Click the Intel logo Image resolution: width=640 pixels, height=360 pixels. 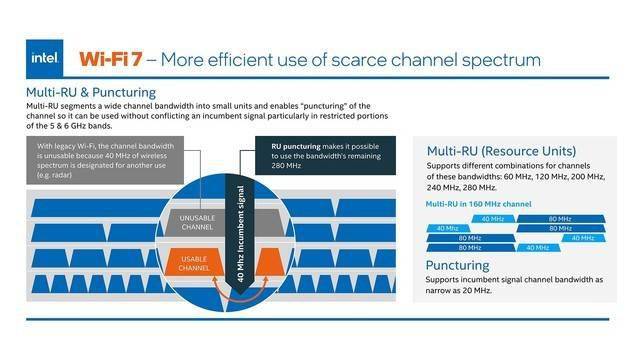(x=44, y=58)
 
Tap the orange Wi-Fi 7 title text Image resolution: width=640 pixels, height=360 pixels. (x=111, y=59)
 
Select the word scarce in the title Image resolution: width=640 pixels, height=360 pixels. (x=359, y=60)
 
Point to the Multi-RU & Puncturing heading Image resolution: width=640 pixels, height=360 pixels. (x=91, y=93)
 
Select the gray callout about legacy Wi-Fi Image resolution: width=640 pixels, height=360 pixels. (x=105, y=160)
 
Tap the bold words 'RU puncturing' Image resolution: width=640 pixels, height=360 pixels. (x=296, y=146)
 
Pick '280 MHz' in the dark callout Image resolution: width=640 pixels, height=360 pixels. (x=286, y=166)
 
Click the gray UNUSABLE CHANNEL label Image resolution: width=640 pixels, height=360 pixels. (x=198, y=222)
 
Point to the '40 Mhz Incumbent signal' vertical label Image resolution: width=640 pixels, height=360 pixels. (x=240, y=234)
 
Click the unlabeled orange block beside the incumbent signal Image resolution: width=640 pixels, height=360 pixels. (x=270, y=261)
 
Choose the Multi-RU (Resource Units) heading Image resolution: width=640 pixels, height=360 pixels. (x=501, y=151)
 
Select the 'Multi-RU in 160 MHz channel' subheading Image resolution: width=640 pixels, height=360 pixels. (x=478, y=204)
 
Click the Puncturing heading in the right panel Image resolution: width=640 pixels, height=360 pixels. (x=458, y=266)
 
